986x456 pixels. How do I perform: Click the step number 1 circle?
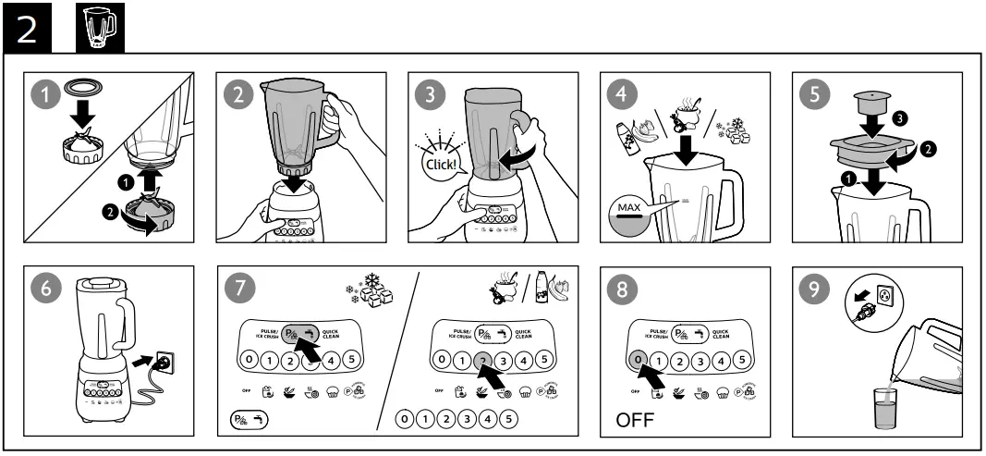coord(43,94)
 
